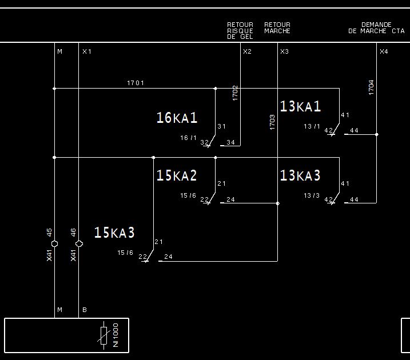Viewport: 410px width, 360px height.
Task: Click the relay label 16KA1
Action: [x=177, y=118]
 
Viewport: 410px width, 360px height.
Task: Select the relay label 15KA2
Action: [x=177, y=176]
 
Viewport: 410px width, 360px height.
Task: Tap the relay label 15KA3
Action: [x=114, y=233]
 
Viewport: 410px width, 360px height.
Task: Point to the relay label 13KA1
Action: [x=300, y=107]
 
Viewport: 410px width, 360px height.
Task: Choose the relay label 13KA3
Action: [x=300, y=176]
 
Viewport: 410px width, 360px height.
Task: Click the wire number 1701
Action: [x=136, y=83]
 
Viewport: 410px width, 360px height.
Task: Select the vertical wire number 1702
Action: [x=235, y=93]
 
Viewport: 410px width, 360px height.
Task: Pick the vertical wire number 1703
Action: [x=272, y=122]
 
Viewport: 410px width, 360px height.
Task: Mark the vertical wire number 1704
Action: [x=371, y=87]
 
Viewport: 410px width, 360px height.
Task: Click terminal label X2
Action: [x=247, y=52]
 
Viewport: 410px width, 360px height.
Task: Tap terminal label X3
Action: [x=284, y=52]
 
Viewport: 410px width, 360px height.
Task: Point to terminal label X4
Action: [x=384, y=52]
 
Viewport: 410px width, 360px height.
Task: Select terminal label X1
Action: [x=86, y=52]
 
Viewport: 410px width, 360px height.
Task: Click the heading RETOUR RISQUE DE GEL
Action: [x=240, y=31]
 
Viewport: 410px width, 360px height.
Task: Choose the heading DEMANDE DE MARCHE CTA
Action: [x=376, y=28]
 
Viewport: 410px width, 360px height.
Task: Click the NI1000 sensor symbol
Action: [x=104, y=335]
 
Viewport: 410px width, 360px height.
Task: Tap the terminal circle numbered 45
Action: [x=54, y=244]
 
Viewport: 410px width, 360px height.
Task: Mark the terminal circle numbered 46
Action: [x=79, y=244]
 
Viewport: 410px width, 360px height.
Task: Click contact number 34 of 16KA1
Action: [x=230, y=142]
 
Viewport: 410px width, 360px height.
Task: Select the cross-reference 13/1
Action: [x=312, y=126]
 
